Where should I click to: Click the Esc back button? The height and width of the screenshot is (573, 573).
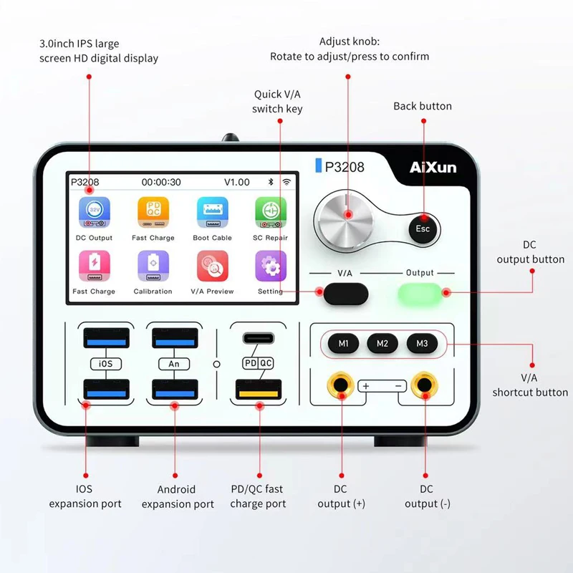(x=423, y=228)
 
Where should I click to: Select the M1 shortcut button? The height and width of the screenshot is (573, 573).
(x=344, y=344)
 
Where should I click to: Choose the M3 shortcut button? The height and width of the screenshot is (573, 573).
(x=422, y=344)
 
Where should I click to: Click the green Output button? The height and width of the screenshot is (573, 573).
(x=421, y=293)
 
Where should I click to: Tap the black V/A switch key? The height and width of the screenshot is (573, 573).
(x=346, y=293)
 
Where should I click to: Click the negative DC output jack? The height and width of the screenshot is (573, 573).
(x=425, y=386)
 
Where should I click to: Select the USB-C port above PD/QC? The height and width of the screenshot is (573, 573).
(x=257, y=338)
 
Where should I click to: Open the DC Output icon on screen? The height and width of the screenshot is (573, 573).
(x=94, y=213)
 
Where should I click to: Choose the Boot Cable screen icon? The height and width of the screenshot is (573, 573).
(x=213, y=213)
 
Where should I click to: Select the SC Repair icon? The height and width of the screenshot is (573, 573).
(x=271, y=213)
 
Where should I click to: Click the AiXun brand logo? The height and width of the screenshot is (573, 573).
(x=432, y=168)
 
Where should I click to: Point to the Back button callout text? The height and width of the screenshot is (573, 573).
(x=423, y=106)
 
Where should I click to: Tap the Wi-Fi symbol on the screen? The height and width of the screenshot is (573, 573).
(x=288, y=182)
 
